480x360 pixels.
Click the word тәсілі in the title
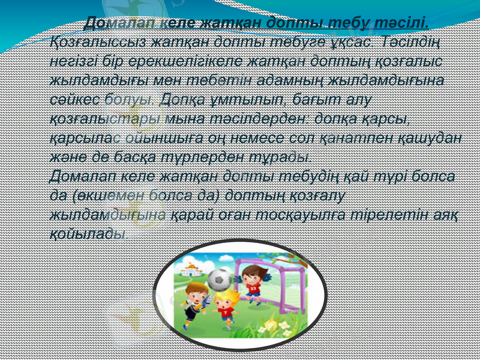[x=402, y=23]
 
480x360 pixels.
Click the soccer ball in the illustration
[x=221, y=280]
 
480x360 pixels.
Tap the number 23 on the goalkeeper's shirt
[x=253, y=289]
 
